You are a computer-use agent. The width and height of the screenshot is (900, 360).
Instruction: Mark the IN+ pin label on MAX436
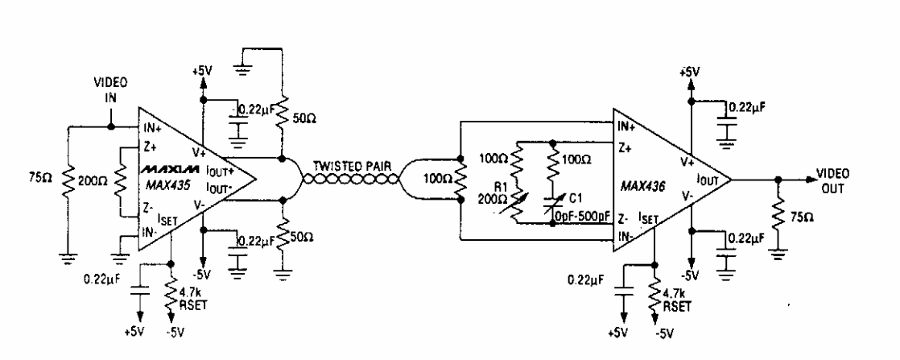click(625, 126)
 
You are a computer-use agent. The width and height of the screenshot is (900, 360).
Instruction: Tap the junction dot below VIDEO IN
click(113, 126)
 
